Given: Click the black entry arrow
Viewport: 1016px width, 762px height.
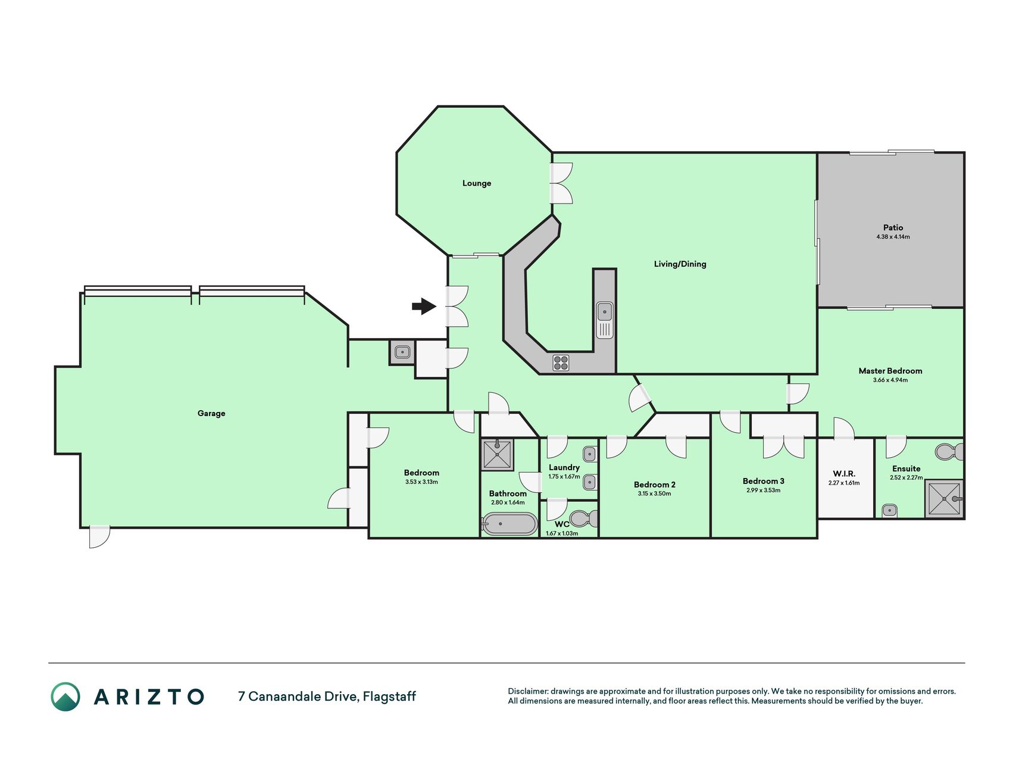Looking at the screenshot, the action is [424, 306].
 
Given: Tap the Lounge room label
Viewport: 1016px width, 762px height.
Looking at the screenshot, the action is [477, 183].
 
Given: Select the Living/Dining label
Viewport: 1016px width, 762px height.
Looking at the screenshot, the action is [680, 264].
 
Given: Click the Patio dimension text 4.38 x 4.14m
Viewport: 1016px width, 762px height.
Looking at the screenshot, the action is [893, 237].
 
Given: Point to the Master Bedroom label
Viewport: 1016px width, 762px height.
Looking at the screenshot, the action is [890, 371].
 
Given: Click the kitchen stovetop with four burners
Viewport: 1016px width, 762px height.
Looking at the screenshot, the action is [561, 363].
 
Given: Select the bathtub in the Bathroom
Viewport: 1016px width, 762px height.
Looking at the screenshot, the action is [509, 524].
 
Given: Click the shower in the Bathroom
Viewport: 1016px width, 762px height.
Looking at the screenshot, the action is [497, 455].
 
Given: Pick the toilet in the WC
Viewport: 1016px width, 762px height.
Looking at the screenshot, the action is [583, 519].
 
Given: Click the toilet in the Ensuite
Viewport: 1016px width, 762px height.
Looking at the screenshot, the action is [949, 452].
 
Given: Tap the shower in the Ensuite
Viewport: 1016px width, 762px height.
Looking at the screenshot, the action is [944, 498].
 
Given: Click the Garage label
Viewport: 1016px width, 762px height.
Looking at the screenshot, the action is [211, 413].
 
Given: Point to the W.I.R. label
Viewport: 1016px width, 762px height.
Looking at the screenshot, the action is [844, 474].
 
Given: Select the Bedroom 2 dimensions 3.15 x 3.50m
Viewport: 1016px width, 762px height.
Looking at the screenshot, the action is [654, 494].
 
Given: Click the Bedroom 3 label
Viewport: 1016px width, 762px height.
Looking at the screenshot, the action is [763, 481].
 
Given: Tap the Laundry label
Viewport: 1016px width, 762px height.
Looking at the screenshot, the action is [564, 467].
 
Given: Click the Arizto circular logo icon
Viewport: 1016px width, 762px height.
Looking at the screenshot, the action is [65, 697].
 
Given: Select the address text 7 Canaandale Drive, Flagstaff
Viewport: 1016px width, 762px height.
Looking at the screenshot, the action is [327, 697].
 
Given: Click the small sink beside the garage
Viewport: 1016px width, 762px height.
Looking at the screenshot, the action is [402, 352].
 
